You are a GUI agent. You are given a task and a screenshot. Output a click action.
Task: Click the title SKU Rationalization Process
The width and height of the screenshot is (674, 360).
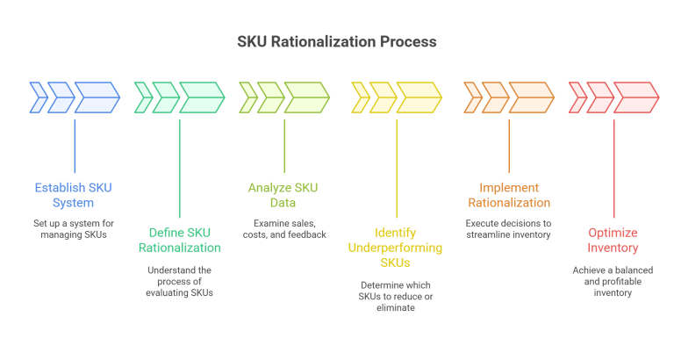point(337,42)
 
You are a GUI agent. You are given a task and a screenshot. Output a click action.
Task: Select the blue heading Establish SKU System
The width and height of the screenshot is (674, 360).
point(74,194)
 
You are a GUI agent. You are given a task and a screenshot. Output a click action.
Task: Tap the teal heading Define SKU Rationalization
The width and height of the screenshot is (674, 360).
point(180,241)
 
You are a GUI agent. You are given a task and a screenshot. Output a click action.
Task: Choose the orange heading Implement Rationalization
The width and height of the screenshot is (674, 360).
point(509,195)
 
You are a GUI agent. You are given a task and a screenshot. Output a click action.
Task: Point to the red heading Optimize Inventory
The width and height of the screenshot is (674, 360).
point(613,241)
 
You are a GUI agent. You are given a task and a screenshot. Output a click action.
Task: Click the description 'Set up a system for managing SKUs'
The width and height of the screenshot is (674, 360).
point(74,230)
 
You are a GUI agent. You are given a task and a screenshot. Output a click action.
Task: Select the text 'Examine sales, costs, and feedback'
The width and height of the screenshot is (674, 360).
point(283,229)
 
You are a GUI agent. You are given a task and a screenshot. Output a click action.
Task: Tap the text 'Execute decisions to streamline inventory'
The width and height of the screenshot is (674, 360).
point(509,230)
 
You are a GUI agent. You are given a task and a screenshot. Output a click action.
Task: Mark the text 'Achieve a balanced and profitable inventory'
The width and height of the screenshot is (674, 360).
point(613,281)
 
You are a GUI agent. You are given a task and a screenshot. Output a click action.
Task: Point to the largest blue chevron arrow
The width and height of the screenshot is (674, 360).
point(96,97)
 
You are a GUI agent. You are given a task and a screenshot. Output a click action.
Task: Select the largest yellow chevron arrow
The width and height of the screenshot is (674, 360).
point(418,97)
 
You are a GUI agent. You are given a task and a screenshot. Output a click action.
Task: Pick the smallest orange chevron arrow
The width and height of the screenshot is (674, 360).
point(471,97)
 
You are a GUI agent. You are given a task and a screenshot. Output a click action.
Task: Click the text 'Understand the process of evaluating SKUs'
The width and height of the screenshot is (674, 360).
point(180,281)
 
